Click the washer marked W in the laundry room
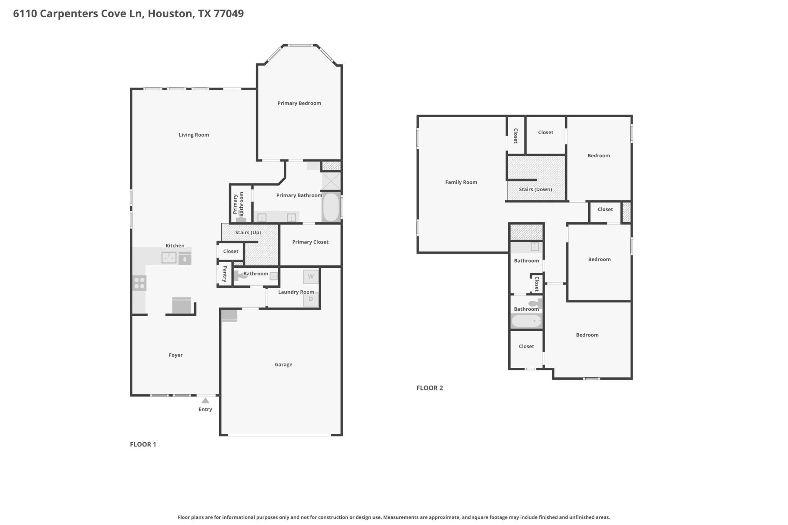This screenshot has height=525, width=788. point(311,277)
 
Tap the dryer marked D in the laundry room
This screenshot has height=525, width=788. point(311,299)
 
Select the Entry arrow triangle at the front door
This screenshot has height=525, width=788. point(205,400)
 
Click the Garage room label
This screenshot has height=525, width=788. point(284,365)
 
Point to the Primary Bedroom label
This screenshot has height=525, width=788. point(299,103)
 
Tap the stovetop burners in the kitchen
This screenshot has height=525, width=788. point(139,283)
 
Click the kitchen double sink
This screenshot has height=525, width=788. point(169,257)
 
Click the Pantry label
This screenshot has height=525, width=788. point(225,274)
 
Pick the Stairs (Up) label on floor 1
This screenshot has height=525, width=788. point(248,232)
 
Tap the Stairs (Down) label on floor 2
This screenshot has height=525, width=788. point(536,189)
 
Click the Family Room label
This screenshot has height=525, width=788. point(461,182)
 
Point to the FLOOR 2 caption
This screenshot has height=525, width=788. point(430,388)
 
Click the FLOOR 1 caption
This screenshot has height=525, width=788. point(143,444)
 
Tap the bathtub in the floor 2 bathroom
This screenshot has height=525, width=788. point(526,321)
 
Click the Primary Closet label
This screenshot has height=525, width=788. point(311,242)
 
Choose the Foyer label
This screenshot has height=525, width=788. point(176,355)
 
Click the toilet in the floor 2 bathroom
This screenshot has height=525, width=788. point(535,303)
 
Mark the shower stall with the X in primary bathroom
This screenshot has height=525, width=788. point(331,181)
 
